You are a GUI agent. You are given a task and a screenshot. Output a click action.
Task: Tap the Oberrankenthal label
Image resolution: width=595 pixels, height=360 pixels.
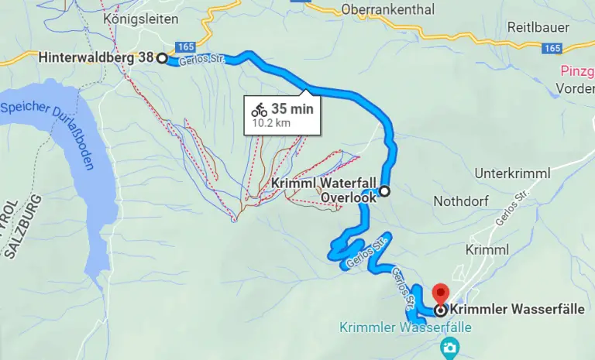tap(387, 10)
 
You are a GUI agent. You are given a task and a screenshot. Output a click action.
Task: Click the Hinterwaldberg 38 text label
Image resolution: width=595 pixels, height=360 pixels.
tap(96, 57)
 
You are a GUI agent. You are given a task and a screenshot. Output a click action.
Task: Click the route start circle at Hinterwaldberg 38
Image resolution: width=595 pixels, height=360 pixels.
tap(162, 58)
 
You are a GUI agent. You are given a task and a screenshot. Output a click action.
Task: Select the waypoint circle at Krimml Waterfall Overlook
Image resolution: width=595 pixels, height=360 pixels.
tap(384, 191)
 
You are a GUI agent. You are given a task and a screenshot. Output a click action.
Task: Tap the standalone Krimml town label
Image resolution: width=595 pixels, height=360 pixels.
tap(488, 249)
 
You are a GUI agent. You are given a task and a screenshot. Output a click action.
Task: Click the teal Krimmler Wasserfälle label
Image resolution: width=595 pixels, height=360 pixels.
tap(405, 327)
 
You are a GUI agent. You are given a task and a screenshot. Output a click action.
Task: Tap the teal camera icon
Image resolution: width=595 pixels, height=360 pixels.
tap(449, 348)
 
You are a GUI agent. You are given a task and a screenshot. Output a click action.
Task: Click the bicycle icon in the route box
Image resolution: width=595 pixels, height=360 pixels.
tap(259, 109)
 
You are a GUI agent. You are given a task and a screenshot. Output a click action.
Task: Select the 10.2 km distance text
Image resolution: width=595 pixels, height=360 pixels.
tap(271, 122)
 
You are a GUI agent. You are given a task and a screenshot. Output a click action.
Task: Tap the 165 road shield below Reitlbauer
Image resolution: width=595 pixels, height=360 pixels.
tap(552, 48)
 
